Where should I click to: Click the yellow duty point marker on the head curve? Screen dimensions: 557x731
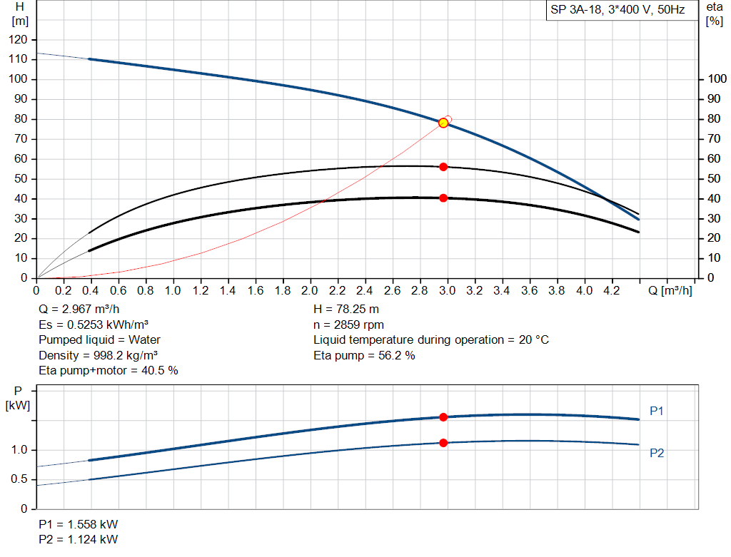click(443, 123)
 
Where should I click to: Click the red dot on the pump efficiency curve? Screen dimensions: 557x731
click(443, 166)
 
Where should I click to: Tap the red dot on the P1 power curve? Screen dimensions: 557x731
click(443, 417)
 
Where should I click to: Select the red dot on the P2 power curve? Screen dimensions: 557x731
click(443, 443)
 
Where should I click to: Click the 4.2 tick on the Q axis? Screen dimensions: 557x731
click(612, 291)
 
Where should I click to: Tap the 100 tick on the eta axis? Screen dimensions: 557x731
click(716, 79)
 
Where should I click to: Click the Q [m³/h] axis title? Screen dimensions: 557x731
click(670, 291)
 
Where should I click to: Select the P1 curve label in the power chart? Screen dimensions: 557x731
click(657, 411)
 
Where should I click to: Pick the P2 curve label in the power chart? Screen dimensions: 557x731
click(657, 453)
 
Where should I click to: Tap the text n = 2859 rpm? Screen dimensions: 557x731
click(348, 325)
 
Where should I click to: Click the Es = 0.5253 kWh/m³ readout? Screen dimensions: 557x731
click(93, 325)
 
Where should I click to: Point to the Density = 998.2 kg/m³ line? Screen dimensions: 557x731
click(98, 355)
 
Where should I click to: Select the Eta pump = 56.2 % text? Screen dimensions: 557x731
click(364, 355)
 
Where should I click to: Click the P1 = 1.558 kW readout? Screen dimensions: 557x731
click(79, 524)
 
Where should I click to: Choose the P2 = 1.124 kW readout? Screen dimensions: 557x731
click(79, 539)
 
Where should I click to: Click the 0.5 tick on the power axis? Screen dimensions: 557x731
click(21, 479)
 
